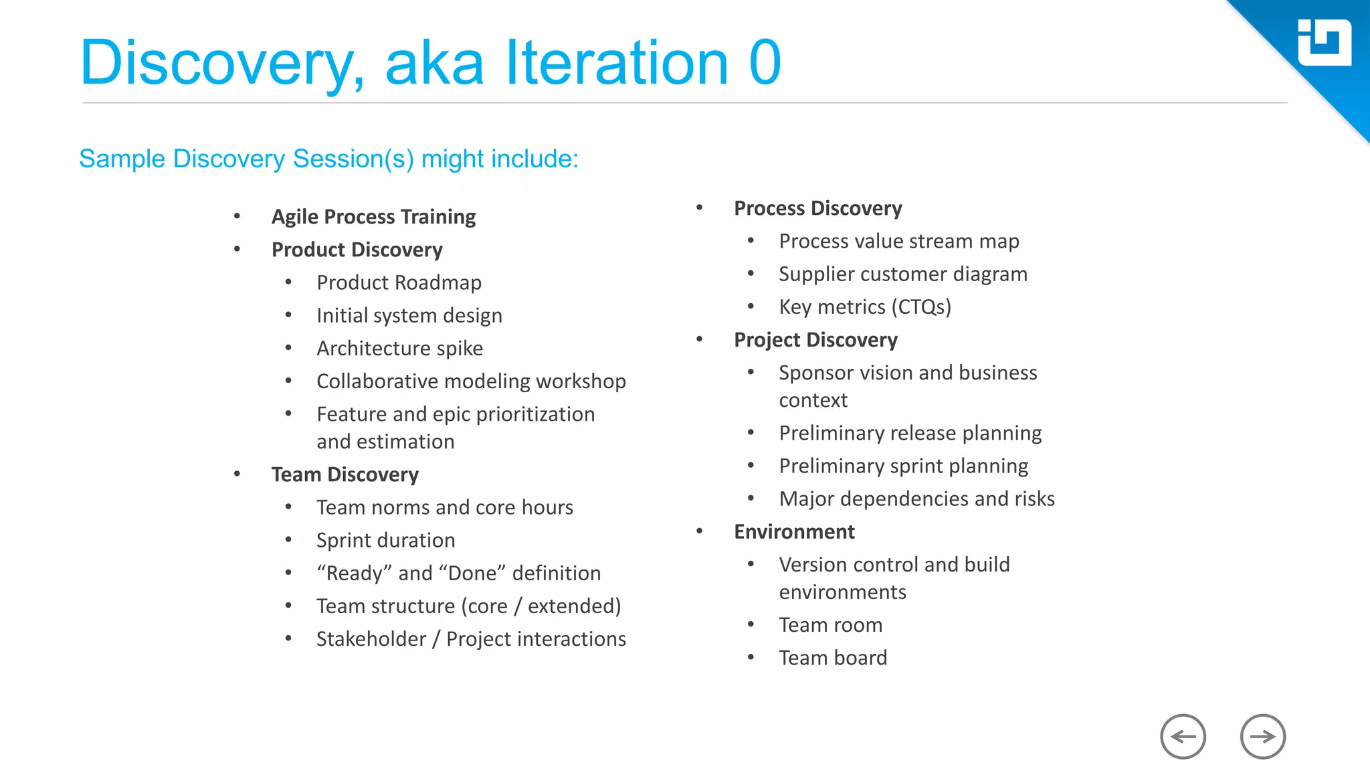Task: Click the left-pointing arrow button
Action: pyautogui.click(x=1183, y=737)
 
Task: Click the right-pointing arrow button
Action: pyautogui.click(x=1262, y=737)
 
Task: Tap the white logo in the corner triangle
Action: pyautogui.click(x=1324, y=43)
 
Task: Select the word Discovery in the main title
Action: pyautogui.click(x=221, y=64)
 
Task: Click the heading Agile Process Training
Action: pyautogui.click(x=373, y=217)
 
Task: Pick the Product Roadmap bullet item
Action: pyautogui.click(x=399, y=282)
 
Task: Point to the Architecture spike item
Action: pyautogui.click(x=399, y=348)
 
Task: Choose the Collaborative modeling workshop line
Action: pyautogui.click(x=471, y=381)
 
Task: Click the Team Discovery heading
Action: pyautogui.click(x=345, y=475)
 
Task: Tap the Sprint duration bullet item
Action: pyautogui.click(x=385, y=540)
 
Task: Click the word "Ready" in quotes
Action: pyautogui.click(x=354, y=573)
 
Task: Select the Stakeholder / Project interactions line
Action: pyautogui.click(x=471, y=638)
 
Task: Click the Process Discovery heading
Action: pyautogui.click(x=817, y=208)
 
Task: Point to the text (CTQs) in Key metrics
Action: pyautogui.click(x=924, y=307)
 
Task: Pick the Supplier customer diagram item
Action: pyautogui.click(x=902, y=274)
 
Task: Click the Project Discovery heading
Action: pyautogui.click(x=815, y=340)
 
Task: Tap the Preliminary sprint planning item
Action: pyautogui.click(x=903, y=466)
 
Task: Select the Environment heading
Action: pyautogui.click(x=794, y=531)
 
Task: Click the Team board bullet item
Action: pyautogui.click(x=833, y=658)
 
